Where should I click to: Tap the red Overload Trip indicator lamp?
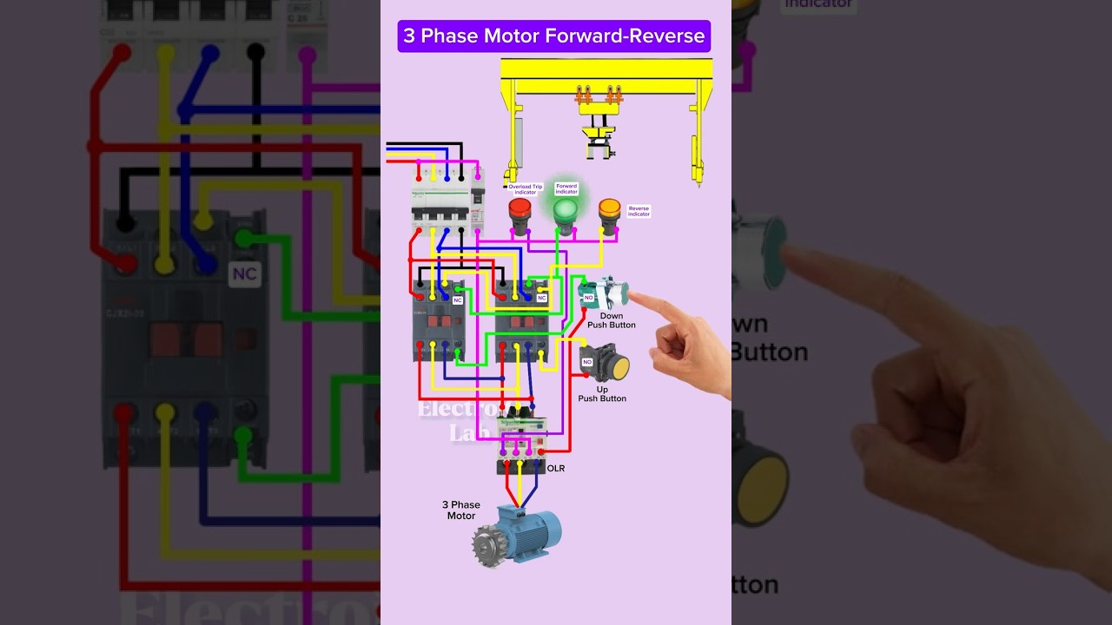[x=520, y=210]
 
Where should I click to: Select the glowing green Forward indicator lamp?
[x=566, y=211]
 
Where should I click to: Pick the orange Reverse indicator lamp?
[x=610, y=209]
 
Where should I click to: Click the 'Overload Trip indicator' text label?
[x=525, y=188]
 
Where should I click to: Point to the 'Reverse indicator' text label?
[x=639, y=211]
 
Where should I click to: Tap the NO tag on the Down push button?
[x=588, y=297]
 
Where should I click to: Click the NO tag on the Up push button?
[x=587, y=361]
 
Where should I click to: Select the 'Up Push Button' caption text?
[x=602, y=394]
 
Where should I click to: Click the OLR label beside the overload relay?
[x=555, y=469]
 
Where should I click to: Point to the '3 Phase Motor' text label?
[x=460, y=510]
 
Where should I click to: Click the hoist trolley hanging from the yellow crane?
[x=599, y=139]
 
